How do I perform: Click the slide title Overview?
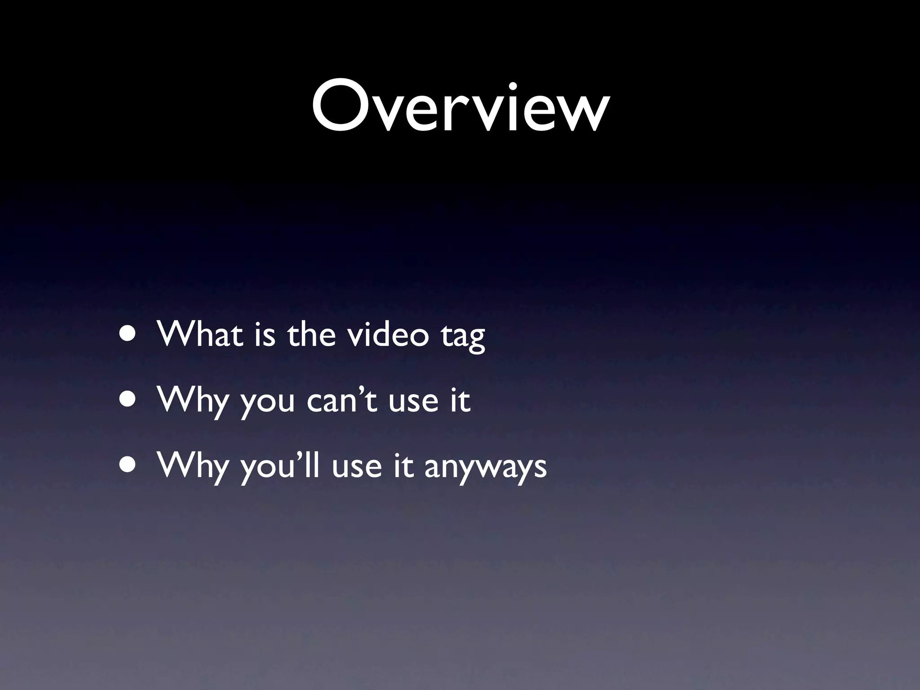[x=460, y=108]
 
